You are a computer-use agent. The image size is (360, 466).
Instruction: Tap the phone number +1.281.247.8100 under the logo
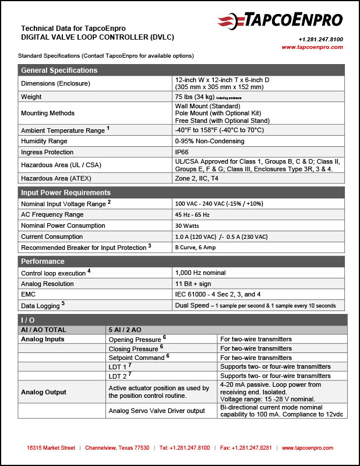320,39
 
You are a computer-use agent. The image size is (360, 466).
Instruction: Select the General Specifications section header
59,70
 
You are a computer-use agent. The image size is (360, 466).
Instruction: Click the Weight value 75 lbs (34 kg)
194,97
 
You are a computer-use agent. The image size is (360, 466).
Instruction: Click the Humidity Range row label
44,141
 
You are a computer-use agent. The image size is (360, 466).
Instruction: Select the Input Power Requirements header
66,193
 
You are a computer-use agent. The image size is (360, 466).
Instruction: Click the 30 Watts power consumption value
188,226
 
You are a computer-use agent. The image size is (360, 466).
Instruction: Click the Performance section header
43,262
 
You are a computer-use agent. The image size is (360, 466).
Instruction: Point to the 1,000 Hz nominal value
200,273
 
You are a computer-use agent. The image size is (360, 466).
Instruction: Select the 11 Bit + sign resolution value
195,284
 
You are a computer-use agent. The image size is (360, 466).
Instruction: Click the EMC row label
28,295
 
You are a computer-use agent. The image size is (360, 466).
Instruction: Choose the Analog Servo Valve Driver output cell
157,411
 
